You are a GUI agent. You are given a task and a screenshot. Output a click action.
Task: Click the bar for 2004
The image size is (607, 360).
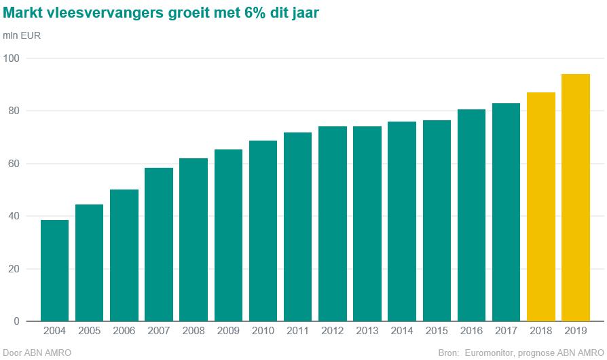(x=54, y=270)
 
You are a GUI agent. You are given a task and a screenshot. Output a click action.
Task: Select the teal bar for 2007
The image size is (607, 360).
(x=159, y=245)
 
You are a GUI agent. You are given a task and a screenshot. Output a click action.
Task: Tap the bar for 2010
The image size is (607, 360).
(x=263, y=231)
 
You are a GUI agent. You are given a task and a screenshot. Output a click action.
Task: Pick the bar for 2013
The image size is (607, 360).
(x=367, y=223)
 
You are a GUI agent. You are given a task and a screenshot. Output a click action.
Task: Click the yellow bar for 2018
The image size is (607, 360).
(x=541, y=206)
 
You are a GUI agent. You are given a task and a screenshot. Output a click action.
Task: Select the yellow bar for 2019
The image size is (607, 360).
(x=576, y=197)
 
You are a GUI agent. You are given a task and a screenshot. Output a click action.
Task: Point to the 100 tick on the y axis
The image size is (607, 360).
(x=12, y=58)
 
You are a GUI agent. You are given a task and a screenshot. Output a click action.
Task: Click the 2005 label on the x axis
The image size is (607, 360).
(x=89, y=331)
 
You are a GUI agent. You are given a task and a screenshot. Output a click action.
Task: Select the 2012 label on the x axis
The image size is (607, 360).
(x=333, y=331)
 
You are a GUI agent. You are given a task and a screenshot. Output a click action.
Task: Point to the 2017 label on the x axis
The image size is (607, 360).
(x=507, y=331)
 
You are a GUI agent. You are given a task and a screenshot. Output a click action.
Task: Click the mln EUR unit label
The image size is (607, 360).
(x=22, y=35)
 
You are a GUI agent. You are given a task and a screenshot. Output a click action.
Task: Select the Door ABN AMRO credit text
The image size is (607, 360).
(x=37, y=353)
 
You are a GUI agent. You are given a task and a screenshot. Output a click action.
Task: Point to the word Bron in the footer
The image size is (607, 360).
(x=449, y=353)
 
